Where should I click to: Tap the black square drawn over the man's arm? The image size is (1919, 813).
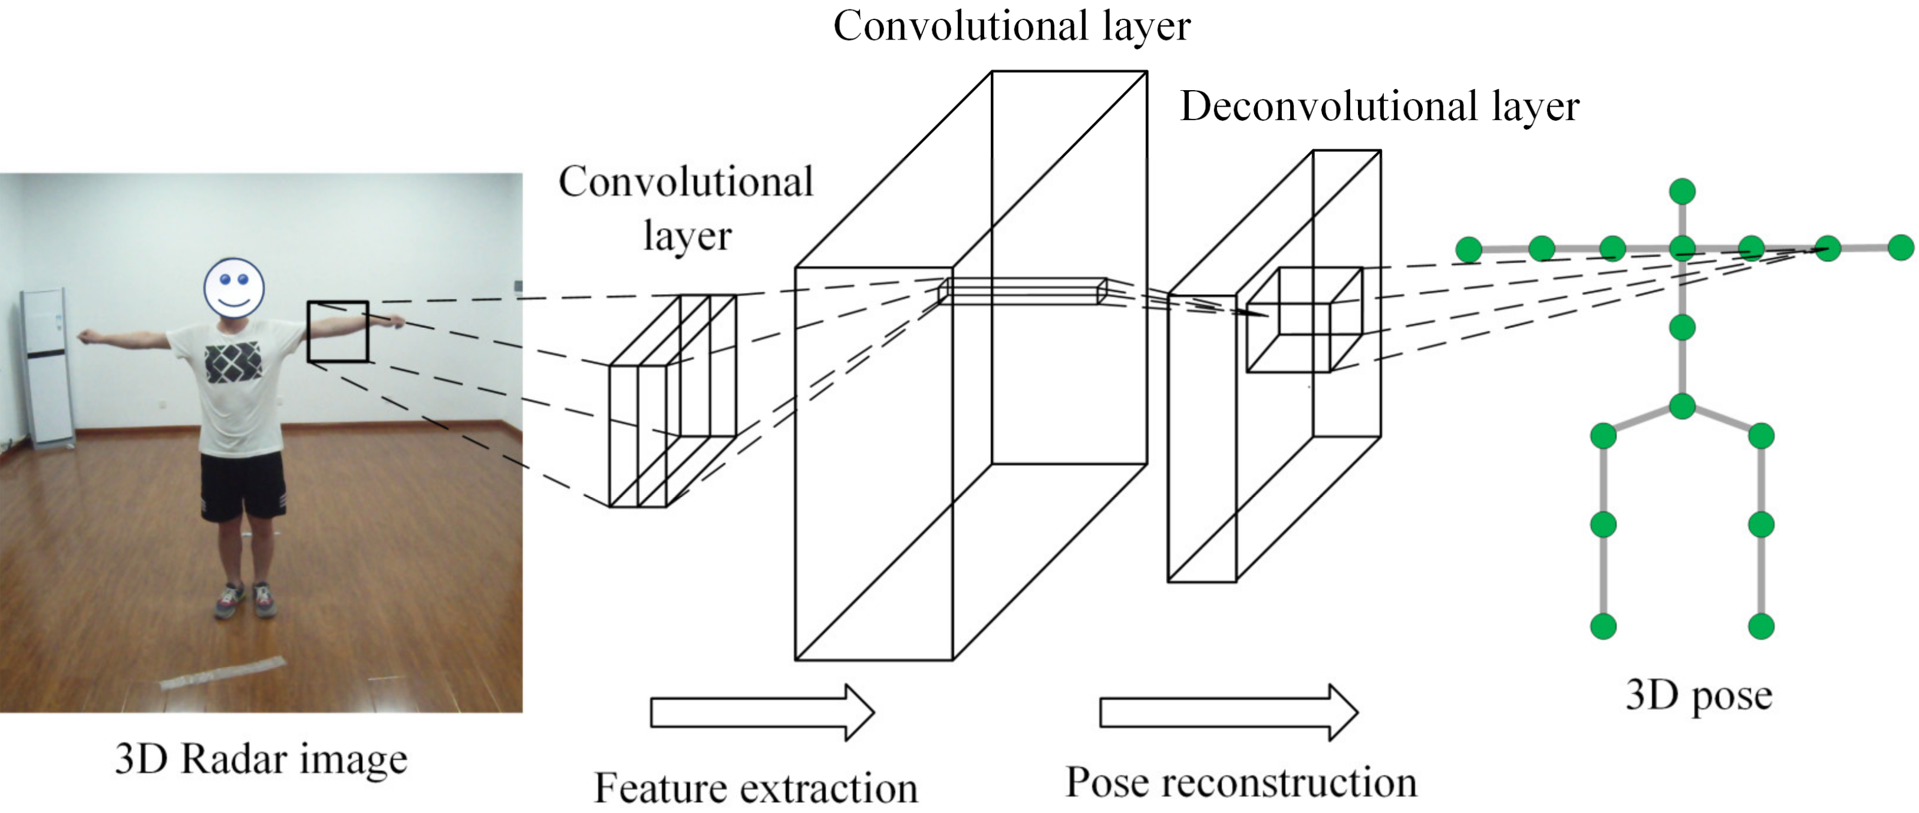[338, 332]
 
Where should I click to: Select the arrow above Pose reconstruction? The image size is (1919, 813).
[1228, 712]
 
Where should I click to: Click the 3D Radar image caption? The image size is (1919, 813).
[261, 759]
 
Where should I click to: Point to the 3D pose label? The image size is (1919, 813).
[1698, 696]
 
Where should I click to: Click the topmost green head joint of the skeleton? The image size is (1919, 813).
[1682, 191]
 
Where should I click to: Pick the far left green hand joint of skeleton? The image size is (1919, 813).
[1468, 249]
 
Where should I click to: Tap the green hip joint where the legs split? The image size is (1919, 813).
[1682, 406]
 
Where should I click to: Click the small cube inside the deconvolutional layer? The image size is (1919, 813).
[1304, 320]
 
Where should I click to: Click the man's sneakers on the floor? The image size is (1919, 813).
[246, 599]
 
